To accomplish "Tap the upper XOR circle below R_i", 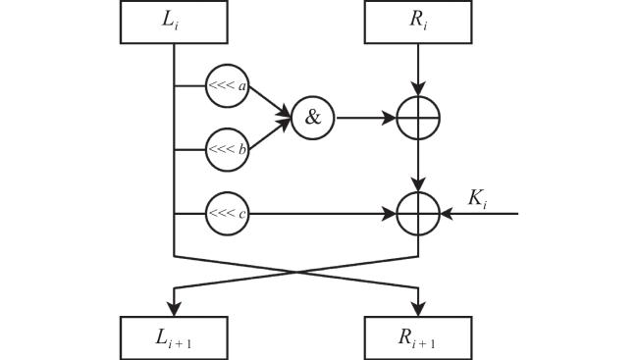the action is [x=418, y=96].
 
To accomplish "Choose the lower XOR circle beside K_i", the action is [x=418, y=192].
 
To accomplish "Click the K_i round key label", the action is [x=477, y=198].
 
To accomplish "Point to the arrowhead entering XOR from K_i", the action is [x=447, y=214].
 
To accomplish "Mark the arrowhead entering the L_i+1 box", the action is [x=174, y=309].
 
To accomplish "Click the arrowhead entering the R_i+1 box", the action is [x=418, y=309].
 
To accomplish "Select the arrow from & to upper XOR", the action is [x=366, y=118].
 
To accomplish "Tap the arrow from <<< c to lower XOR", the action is [x=322, y=214].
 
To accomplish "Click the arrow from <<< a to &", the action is [x=270, y=101].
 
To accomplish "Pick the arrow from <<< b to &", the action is [x=270, y=134].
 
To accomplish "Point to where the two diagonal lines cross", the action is [x=296, y=272].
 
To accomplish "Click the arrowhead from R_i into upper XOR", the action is [x=418, y=88].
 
